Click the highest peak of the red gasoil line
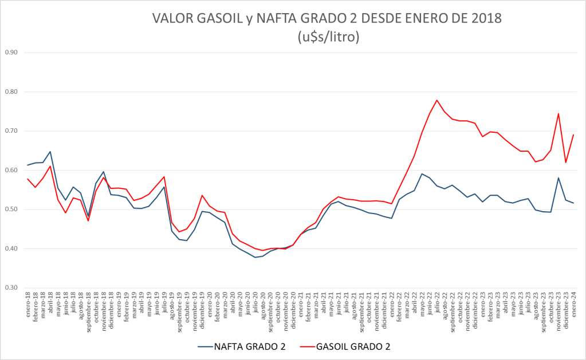point(437,100)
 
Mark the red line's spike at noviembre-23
point(559,113)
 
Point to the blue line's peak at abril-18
point(50,152)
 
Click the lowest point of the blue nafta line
point(255,257)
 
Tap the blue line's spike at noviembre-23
point(559,177)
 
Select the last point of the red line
point(573,135)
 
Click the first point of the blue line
point(27,165)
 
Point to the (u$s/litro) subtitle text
point(328,37)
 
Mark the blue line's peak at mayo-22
point(422,174)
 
